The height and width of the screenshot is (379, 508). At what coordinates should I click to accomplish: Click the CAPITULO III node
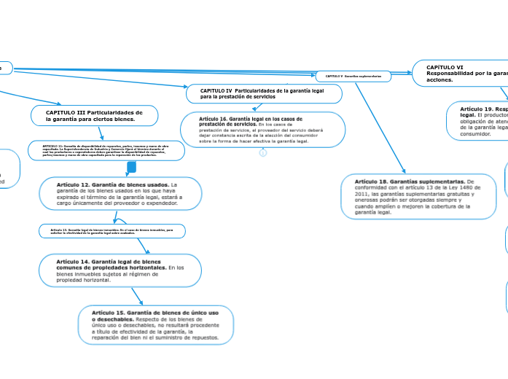click(x=94, y=116)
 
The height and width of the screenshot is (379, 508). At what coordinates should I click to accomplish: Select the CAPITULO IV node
click(x=264, y=93)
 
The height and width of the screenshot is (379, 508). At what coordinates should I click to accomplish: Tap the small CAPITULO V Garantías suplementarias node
click(x=353, y=76)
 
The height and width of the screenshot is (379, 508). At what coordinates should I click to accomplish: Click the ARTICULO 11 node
click(x=106, y=151)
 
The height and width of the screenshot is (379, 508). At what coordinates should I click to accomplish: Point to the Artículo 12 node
click(x=119, y=193)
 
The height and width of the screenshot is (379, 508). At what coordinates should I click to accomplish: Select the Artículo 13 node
click(x=112, y=231)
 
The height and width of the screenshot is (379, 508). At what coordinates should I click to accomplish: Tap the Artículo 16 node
click(x=261, y=129)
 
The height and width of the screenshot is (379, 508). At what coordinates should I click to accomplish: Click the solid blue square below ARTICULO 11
click(x=132, y=168)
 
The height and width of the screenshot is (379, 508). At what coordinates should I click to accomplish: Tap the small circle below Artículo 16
click(x=263, y=153)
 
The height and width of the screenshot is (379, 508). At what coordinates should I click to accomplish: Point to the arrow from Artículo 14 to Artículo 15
click(x=137, y=294)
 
